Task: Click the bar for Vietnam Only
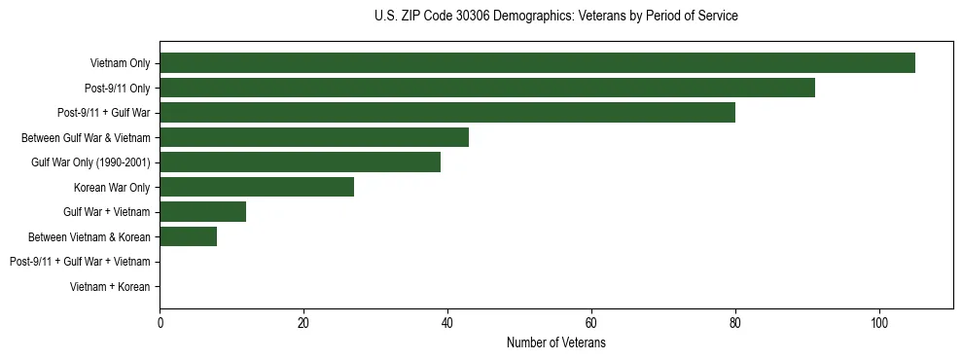pos(537,63)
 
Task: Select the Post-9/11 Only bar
pos(487,88)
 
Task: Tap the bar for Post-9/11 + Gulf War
pos(447,113)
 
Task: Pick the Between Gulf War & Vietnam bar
pos(314,137)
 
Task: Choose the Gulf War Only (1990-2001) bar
pos(300,162)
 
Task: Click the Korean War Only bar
pos(257,187)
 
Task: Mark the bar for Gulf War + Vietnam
pos(202,212)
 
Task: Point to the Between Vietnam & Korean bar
pos(188,236)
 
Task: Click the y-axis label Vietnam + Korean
pos(110,287)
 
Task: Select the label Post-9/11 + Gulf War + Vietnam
pos(80,262)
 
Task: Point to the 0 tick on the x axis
pos(160,324)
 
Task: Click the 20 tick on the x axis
pos(303,324)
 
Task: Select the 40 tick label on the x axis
pos(447,324)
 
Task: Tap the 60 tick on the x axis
pos(591,324)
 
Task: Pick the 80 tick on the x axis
pos(735,324)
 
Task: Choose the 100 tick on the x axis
pos(879,324)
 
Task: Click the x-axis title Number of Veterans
pos(555,343)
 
